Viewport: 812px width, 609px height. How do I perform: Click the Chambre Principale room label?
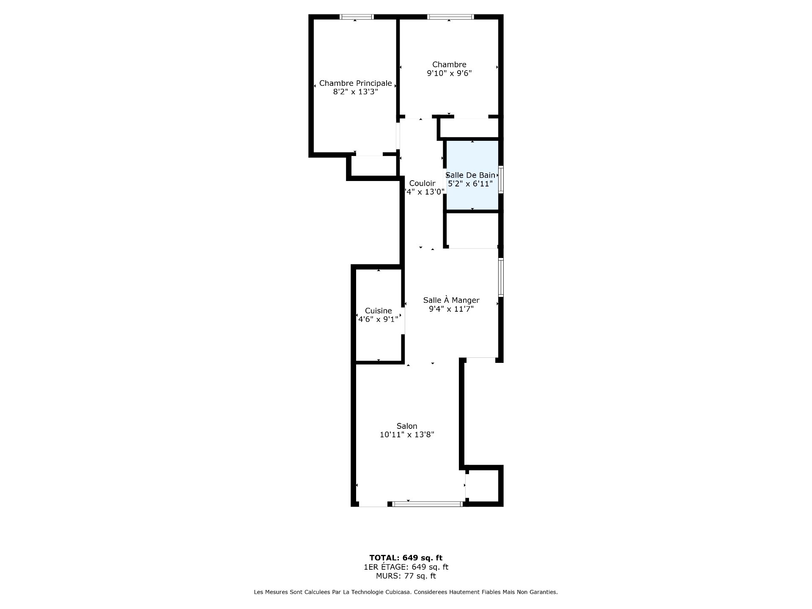pos(355,83)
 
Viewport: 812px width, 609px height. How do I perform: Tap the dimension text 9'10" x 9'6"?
pos(449,73)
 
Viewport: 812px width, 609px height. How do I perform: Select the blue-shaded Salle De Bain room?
pos(472,175)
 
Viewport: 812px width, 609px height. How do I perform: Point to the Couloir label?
pos(422,183)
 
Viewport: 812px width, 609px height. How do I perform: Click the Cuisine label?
pos(379,311)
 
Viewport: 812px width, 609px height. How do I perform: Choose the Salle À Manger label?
pos(451,300)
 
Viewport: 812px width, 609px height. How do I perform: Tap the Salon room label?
pos(407,426)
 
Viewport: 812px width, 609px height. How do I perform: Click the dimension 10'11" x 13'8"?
pos(407,435)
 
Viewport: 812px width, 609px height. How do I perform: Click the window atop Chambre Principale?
pos(357,17)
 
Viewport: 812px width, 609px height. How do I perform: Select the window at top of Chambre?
pos(450,17)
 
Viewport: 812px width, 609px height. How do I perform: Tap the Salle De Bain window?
pos(501,180)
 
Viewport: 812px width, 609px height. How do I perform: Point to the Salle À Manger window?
pos(501,277)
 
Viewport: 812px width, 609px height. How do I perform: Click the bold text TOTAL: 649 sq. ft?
pos(406,558)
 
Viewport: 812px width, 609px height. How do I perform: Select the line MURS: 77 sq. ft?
pos(406,576)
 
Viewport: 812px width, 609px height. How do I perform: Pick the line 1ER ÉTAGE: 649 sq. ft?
pos(406,567)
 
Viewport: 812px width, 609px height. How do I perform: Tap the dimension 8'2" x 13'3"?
pos(355,92)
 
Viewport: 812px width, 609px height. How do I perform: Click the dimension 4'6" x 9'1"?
pos(378,319)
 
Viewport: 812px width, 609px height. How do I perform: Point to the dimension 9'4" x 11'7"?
pos(451,309)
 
